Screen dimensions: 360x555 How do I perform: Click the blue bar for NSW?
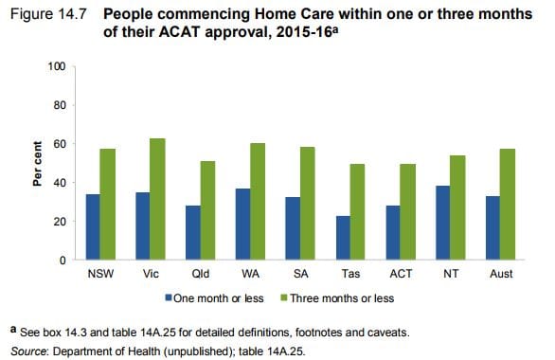tap(92, 226)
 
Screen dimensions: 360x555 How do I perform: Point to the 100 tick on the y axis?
tap(56, 67)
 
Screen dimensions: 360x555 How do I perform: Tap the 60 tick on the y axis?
tap(59, 144)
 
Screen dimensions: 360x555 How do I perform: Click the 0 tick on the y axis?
tap(62, 260)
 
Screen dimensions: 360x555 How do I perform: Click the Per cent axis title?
tap(39, 163)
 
